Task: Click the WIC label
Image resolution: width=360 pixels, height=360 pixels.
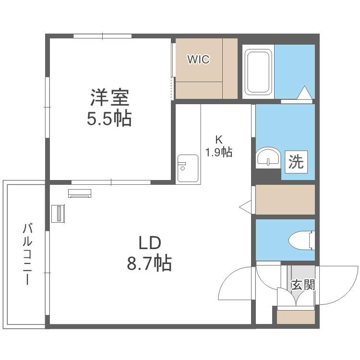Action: click(198, 60)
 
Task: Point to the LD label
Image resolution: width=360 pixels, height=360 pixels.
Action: click(149, 243)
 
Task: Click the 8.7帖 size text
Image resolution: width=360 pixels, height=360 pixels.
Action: click(149, 263)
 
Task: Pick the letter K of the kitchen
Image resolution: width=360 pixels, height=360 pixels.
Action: click(219, 140)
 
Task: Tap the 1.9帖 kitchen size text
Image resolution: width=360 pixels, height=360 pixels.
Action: click(219, 153)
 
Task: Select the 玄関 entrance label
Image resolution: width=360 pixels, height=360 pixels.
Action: click(303, 285)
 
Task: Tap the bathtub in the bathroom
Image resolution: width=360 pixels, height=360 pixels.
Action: click(258, 72)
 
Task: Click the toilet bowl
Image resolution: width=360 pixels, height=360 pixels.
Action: click(301, 239)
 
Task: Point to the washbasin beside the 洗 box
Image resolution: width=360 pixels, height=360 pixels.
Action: click(268, 158)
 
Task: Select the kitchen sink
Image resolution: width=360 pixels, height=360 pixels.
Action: click(188, 168)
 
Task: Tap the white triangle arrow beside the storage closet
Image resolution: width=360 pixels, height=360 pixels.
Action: click(246, 207)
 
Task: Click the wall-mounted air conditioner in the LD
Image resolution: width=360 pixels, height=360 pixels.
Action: click(80, 193)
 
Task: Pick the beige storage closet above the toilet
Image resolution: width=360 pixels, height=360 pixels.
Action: click(285, 199)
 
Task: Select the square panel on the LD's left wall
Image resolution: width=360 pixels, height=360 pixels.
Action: click(58, 214)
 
